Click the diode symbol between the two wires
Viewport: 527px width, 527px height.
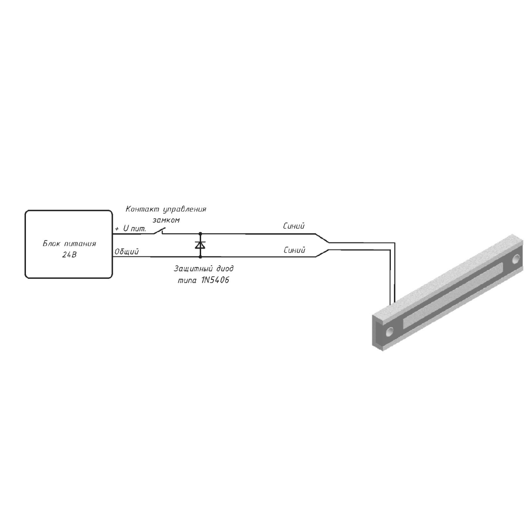(x=200, y=245)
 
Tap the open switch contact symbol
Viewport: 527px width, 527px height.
(x=159, y=231)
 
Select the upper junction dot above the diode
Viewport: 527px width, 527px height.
(x=200, y=234)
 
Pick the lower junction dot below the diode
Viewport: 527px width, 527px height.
(x=200, y=257)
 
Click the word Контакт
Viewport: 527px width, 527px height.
(x=142, y=209)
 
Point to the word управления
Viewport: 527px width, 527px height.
(x=184, y=210)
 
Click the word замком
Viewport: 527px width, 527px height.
(x=166, y=220)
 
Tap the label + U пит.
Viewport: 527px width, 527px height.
(x=131, y=228)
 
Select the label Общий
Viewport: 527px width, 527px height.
(x=126, y=252)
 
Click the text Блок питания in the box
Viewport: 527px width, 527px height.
(x=69, y=244)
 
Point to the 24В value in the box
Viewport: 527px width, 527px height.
(x=69, y=255)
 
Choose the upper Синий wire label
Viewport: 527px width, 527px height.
(x=294, y=226)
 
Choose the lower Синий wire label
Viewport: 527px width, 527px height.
(x=294, y=250)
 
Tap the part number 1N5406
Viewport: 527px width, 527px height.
(x=215, y=280)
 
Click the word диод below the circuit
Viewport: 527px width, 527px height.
(x=225, y=269)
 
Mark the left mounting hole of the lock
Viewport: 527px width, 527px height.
(x=390, y=331)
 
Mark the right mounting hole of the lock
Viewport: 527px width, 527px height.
(x=516, y=259)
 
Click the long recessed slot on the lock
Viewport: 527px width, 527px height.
(x=453, y=296)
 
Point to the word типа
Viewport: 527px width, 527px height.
(x=187, y=281)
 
